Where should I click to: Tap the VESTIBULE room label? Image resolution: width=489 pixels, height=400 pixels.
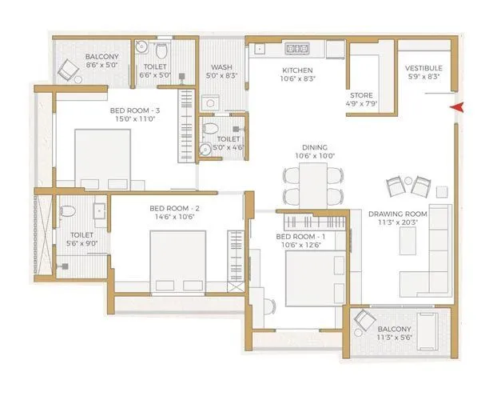coord(423,68)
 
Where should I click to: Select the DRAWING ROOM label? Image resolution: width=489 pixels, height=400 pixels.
coord(398,214)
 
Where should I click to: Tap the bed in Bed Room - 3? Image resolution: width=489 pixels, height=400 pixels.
coord(103,158)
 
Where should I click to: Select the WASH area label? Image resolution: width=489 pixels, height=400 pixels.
coord(221,68)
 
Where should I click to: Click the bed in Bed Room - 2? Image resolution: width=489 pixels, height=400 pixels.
coord(177,262)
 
